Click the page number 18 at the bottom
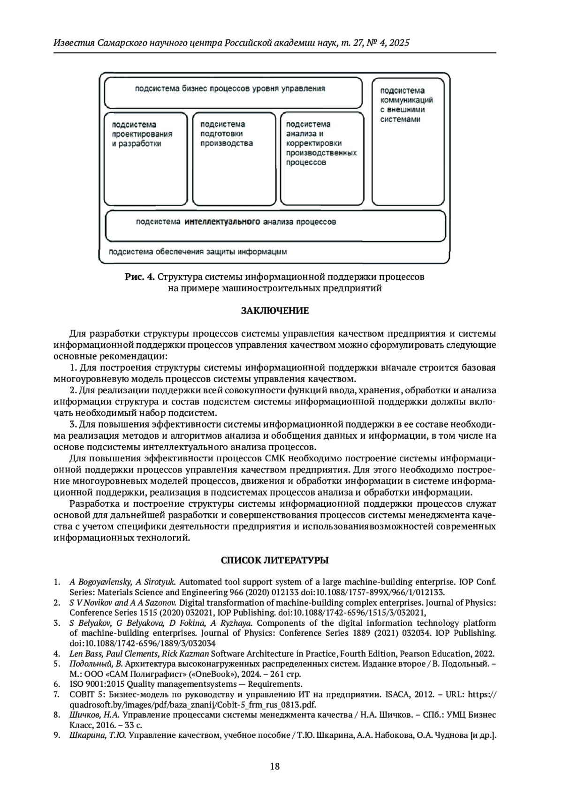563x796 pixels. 275,766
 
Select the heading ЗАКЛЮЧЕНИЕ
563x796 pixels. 275,311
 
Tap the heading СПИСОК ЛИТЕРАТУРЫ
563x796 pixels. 275,560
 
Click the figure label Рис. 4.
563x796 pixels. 139,277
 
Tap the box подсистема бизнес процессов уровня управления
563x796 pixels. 233,92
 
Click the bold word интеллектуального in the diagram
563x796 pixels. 222,222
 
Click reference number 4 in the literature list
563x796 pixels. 56,653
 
